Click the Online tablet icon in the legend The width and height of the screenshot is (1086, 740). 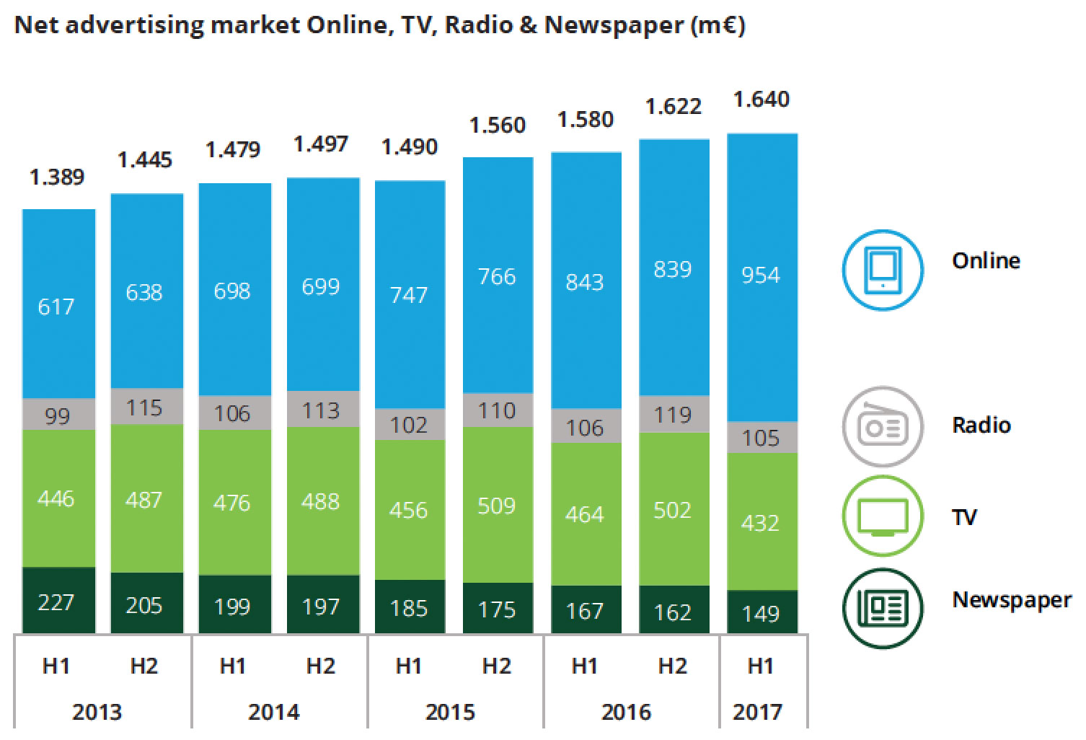(883, 269)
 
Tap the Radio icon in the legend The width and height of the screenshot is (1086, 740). (883, 427)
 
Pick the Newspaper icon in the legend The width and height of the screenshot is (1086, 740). (883, 607)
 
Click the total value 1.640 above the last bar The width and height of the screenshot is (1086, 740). (761, 99)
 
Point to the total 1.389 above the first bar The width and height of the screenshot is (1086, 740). (57, 177)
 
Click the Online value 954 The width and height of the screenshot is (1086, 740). (761, 275)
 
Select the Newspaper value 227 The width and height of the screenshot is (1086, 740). (56, 602)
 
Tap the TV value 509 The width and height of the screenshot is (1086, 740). (496, 506)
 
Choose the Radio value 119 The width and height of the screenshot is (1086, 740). (672, 415)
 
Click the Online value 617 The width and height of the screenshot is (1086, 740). (56, 307)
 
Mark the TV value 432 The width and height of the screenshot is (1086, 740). (761, 522)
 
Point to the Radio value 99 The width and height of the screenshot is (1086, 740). (57, 416)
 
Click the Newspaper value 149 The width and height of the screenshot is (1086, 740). (761, 613)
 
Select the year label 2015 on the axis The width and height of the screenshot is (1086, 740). (450, 713)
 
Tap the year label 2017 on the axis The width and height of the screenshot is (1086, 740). (757, 713)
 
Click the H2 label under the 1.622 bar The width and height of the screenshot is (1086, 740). (672, 666)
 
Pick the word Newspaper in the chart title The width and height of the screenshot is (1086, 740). (613, 25)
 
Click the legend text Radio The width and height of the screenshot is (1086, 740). (981, 425)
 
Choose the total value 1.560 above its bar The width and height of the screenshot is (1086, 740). (498, 125)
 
